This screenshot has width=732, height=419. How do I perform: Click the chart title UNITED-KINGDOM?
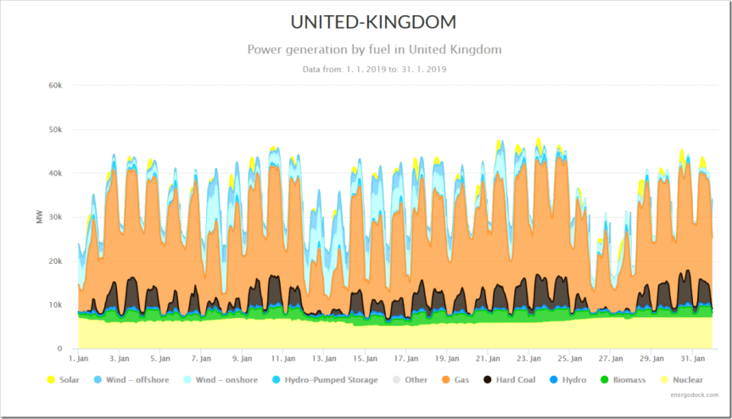(374, 22)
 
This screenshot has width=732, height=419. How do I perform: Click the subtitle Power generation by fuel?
(374, 49)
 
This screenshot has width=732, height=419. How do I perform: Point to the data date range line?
(374, 69)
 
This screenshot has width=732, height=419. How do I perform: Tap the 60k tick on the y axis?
(55, 86)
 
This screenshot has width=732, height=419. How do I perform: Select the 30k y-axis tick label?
(55, 217)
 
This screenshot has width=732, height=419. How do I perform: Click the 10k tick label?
(55, 304)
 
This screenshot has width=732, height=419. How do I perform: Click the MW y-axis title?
(39, 217)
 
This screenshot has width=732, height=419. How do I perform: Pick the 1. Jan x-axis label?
(79, 359)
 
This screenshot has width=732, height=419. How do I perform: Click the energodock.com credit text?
(693, 394)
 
